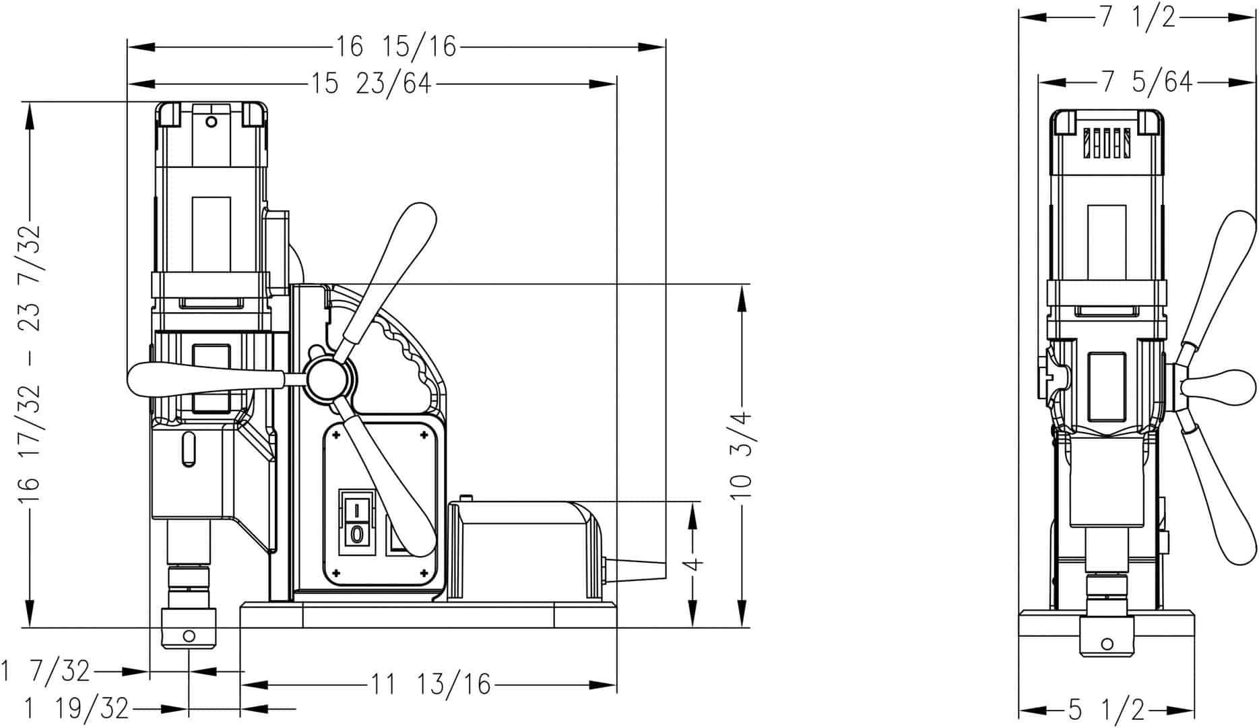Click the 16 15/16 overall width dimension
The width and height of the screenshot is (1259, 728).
(x=396, y=47)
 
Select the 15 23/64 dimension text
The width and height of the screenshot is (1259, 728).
(x=370, y=84)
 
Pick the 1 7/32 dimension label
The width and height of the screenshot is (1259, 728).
(x=45, y=671)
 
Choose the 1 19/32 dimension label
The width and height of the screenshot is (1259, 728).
(x=76, y=708)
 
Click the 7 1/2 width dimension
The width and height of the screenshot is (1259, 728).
(x=1138, y=18)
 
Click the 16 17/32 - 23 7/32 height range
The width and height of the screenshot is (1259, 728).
(x=30, y=364)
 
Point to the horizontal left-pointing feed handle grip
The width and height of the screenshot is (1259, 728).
(x=205, y=380)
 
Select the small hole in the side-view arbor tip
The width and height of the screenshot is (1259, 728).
(x=189, y=636)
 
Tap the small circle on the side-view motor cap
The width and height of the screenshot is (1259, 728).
(x=212, y=122)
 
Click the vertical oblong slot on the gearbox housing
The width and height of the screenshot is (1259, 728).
(x=189, y=450)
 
